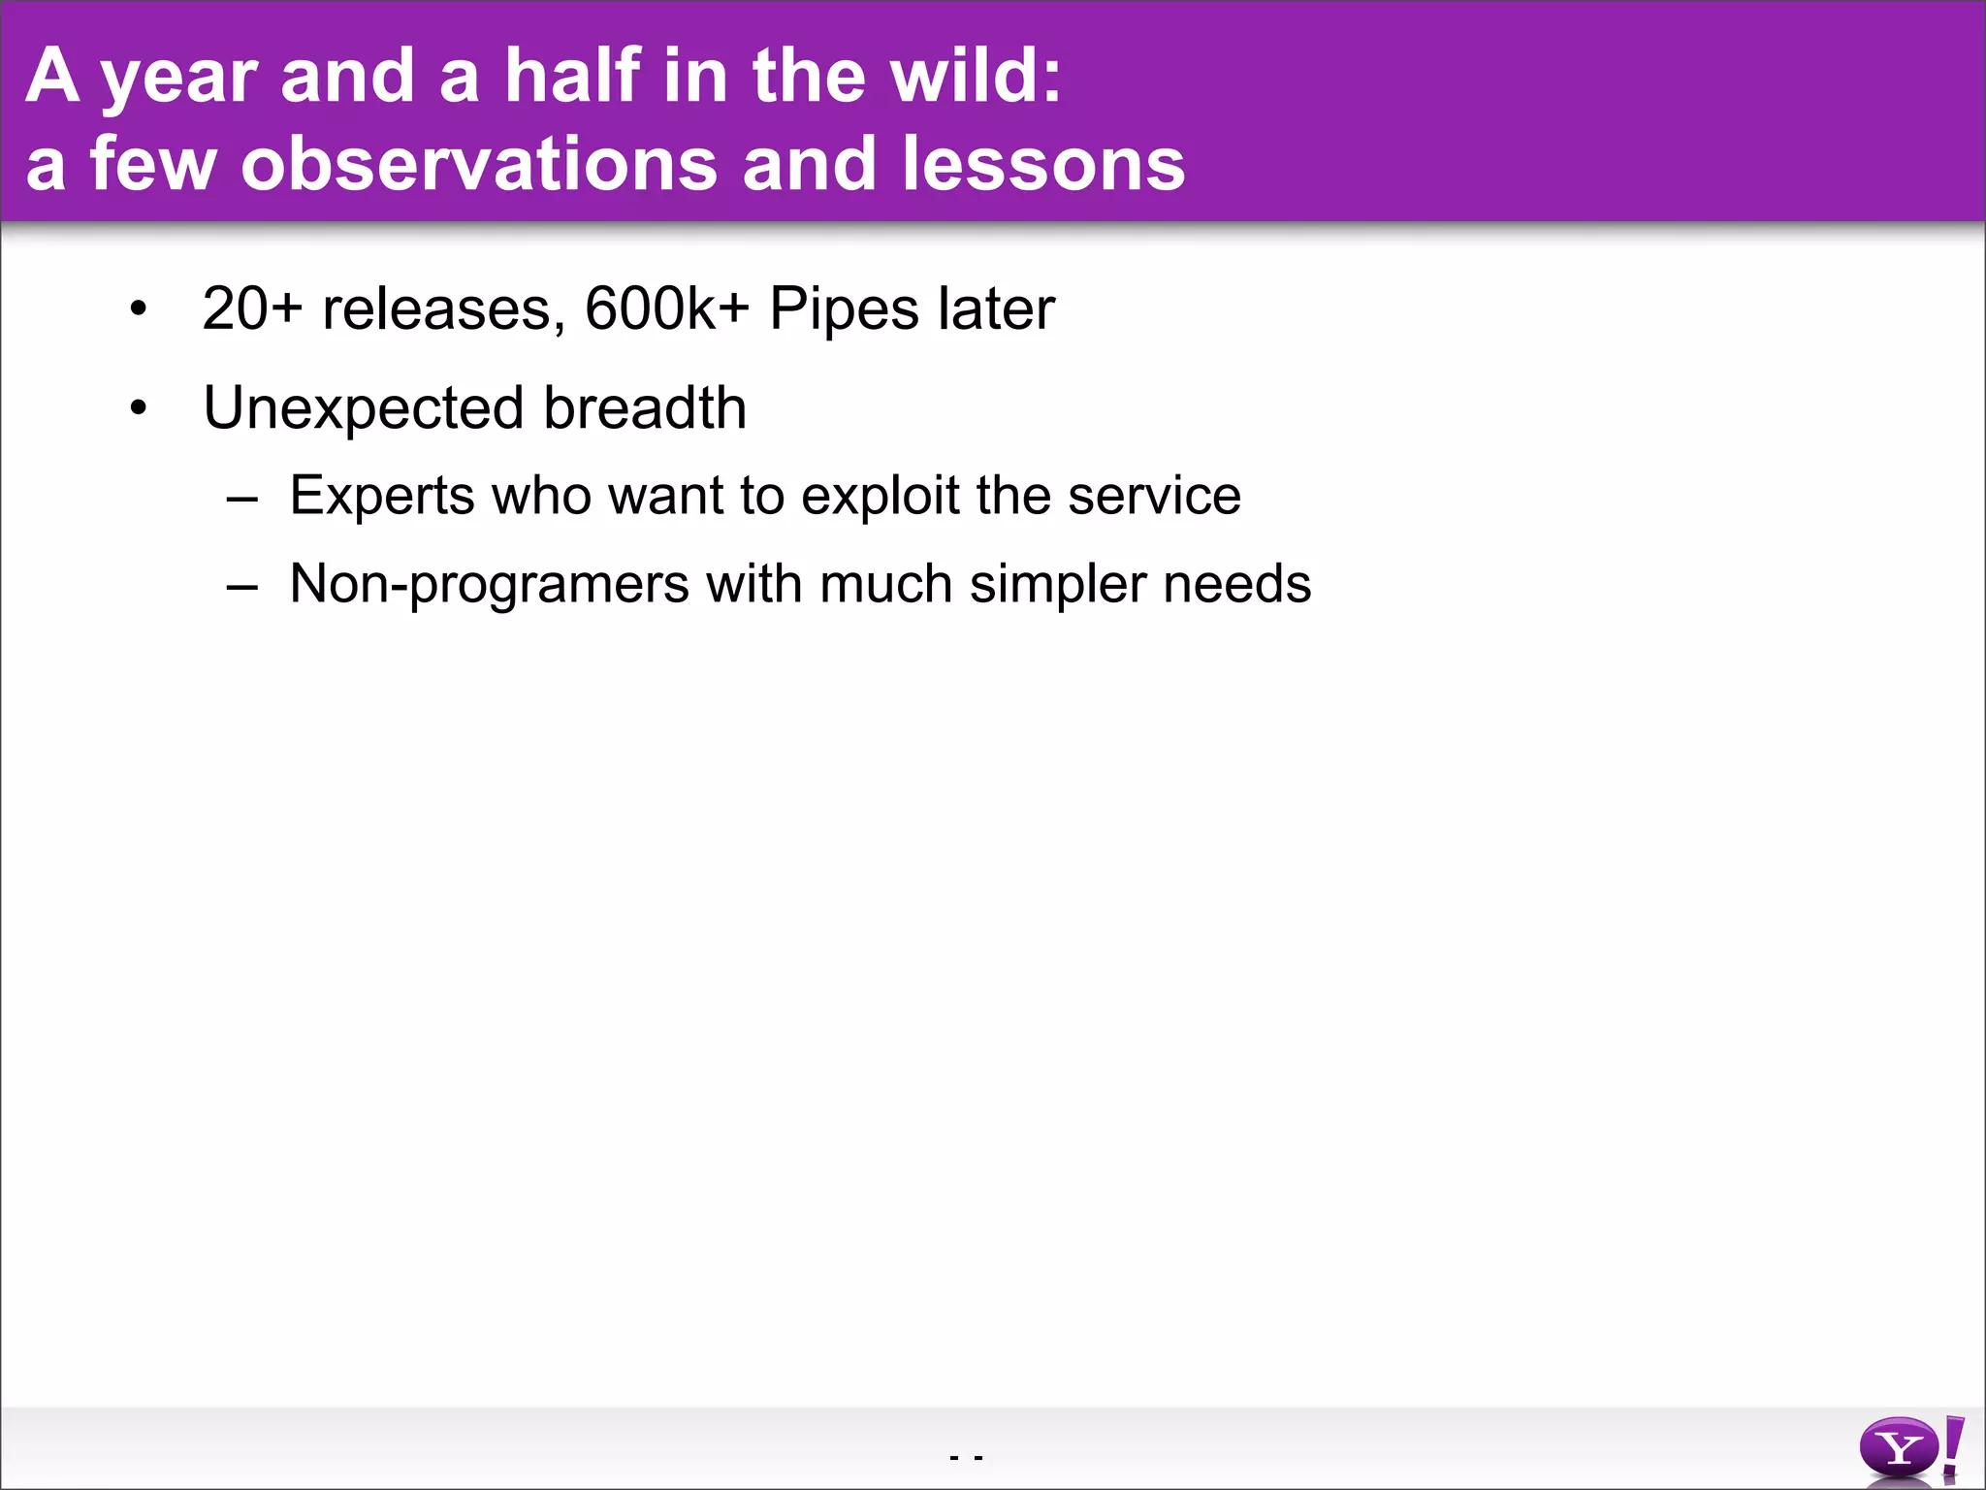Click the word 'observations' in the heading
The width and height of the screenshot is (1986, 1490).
479,163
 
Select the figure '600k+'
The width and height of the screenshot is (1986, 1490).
667,309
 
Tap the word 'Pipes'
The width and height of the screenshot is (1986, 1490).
844,311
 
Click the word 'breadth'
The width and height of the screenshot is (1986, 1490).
645,407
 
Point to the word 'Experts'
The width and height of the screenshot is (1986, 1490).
382,498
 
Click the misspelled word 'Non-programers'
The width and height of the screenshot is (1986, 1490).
489,586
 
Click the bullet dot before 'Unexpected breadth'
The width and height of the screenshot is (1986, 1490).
139,408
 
